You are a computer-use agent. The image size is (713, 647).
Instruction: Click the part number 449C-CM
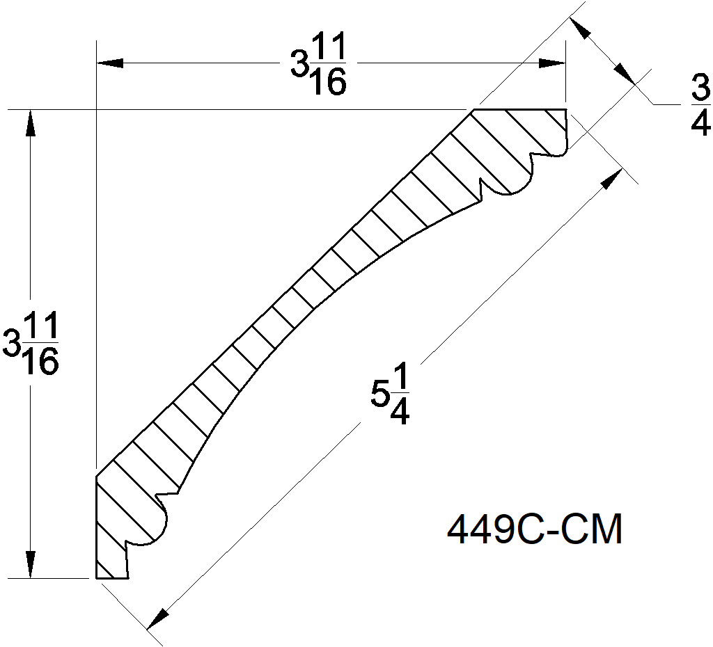tap(534, 531)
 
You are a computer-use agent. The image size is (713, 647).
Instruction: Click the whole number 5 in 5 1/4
tap(379, 395)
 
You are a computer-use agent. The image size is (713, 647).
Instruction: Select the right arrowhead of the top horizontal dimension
tap(552, 63)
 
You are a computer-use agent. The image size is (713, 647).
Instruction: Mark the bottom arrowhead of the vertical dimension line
tap(30, 564)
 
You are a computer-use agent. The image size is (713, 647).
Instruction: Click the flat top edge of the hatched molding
tap(519, 110)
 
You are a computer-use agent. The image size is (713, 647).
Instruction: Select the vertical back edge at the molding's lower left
tap(95, 529)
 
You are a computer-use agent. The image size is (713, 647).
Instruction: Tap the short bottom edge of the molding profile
tap(111, 577)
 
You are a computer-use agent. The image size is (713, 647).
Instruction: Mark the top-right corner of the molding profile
tap(565, 110)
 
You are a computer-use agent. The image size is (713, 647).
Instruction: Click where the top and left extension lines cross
tap(95, 110)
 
